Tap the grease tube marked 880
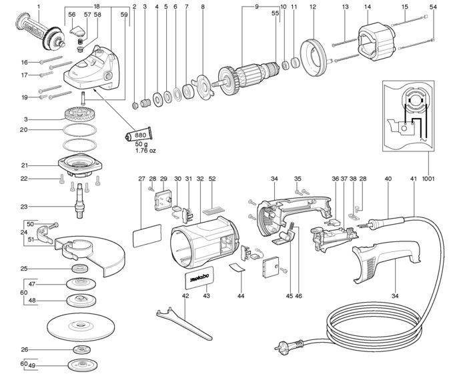[138, 135]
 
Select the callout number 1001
[428, 179]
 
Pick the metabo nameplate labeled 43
[199, 277]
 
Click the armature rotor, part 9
[248, 76]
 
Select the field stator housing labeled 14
[376, 43]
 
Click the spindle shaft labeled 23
[80, 201]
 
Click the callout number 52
[212, 179]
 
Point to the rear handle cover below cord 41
[386, 260]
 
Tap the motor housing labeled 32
[204, 241]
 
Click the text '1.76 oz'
[145, 151]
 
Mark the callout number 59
[124, 14]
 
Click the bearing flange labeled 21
[80, 165]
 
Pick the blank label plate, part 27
[147, 235]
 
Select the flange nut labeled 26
[81, 350]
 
